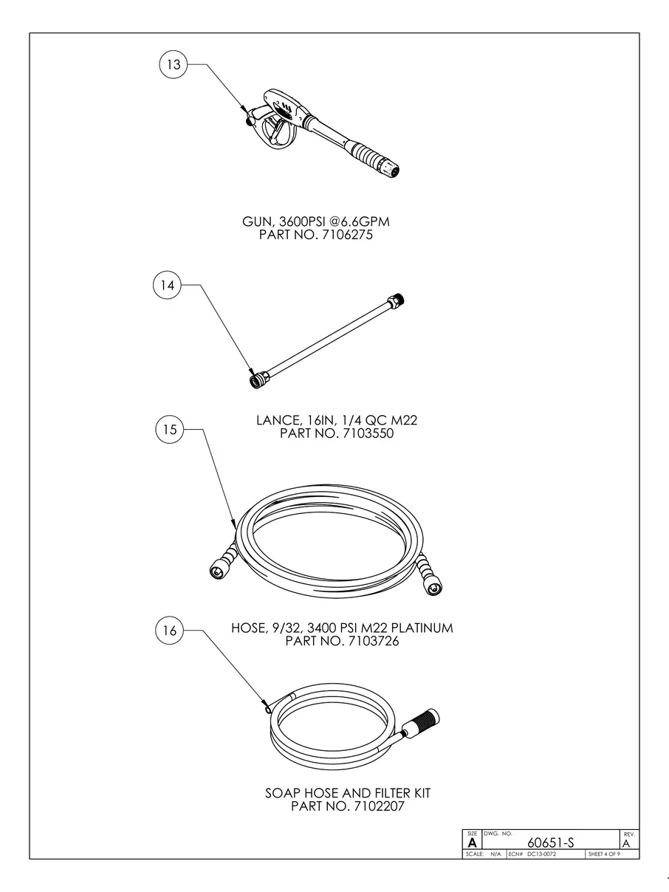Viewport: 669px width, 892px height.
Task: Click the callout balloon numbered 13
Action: tap(174, 65)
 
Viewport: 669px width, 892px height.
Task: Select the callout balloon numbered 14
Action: tap(168, 286)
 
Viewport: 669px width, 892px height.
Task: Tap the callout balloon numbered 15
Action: tap(171, 430)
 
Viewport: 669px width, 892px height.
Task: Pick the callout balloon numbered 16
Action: tap(170, 631)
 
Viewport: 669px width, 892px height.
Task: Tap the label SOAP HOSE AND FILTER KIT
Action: tap(347, 793)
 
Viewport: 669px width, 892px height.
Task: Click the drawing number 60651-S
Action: tap(550, 843)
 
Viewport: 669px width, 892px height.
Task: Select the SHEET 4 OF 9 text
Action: tap(603, 854)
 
